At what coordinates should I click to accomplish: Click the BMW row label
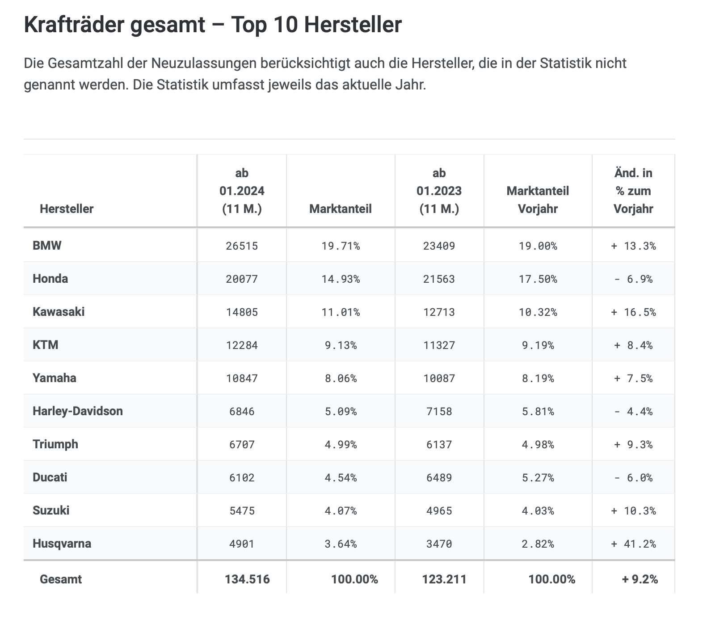pyautogui.click(x=47, y=245)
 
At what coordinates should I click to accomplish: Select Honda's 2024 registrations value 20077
pyautogui.click(x=242, y=279)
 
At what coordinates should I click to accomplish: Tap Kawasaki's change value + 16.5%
pyautogui.click(x=633, y=312)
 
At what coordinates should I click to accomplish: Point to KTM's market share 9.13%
pyautogui.click(x=341, y=345)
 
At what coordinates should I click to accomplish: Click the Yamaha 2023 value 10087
pyautogui.click(x=439, y=379)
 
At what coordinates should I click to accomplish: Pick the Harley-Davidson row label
pyautogui.click(x=77, y=411)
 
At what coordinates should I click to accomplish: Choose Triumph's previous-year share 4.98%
pyautogui.click(x=538, y=445)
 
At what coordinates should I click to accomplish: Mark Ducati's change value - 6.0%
pyautogui.click(x=633, y=478)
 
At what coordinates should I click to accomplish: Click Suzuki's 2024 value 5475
pyautogui.click(x=242, y=511)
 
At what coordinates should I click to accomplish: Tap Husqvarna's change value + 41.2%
pyautogui.click(x=633, y=544)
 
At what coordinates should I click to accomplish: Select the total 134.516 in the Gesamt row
pyautogui.click(x=247, y=579)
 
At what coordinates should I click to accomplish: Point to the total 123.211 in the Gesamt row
pyautogui.click(x=444, y=579)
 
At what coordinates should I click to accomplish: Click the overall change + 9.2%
pyautogui.click(x=640, y=579)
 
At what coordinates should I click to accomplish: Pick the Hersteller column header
pyautogui.click(x=67, y=208)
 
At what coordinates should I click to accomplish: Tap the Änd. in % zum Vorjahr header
pyautogui.click(x=633, y=191)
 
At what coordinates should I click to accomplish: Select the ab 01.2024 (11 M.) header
pyautogui.click(x=242, y=191)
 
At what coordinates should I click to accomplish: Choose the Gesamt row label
pyautogui.click(x=61, y=579)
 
